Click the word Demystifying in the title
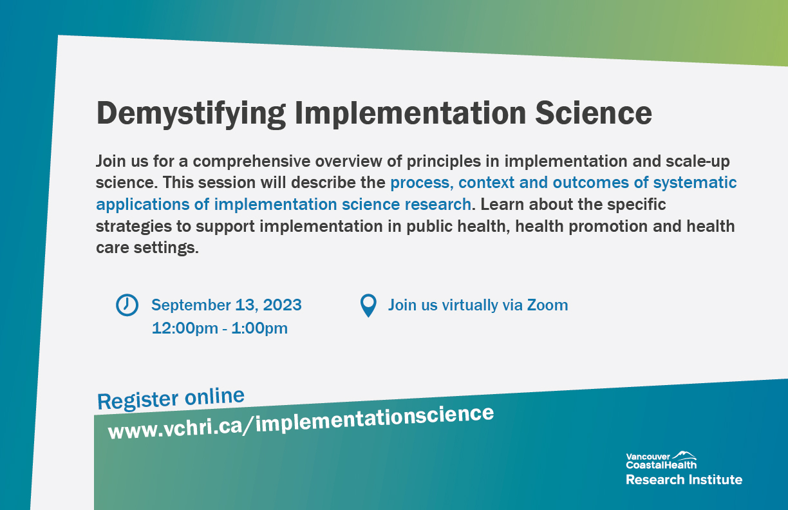click(x=191, y=113)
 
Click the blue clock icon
click(x=127, y=305)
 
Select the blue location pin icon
click(x=368, y=305)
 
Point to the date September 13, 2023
click(x=227, y=305)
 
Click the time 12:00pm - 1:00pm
click(x=220, y=328)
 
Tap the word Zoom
click(x=547, y=305)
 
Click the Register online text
click(x=171, y=399)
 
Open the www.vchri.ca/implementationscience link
click(x=301, y=423)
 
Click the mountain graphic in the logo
click(x=683, y=455)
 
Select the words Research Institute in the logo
click(x=684, y=479)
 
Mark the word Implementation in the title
click(x=411, y=113)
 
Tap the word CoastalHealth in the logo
click(x=661, y=464)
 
